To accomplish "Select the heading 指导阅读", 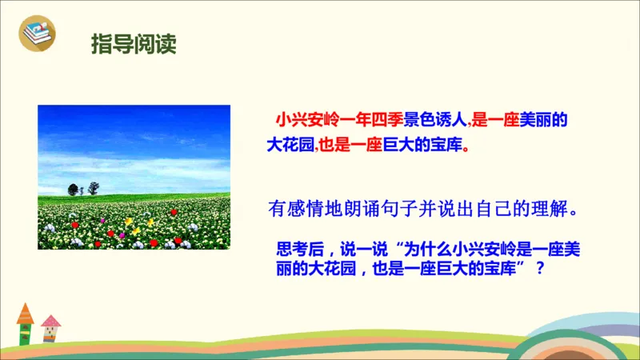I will [x=133, y=42].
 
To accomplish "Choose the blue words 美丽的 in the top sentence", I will [x=543, y=121].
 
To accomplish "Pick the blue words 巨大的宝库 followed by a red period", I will [x=421, y=146].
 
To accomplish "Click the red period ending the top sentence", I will [x=466, y=149].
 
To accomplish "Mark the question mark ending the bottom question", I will [x=547, y=270].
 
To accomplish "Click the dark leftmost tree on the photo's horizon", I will [x=74, y=190].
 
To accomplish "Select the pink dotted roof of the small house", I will [x=50, y=322].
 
